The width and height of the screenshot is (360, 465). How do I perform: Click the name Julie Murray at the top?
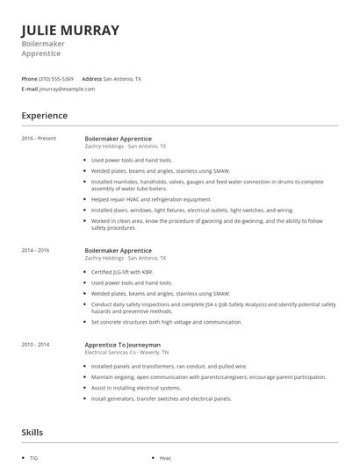(x=69, y=30)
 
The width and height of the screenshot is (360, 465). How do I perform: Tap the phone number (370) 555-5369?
(x=56, y=79)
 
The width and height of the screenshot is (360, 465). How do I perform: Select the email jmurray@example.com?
(x=68, y=89)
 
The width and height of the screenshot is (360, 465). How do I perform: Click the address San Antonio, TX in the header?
(x=122, y=79)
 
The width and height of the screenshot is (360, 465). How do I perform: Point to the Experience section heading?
(x=44, y=115)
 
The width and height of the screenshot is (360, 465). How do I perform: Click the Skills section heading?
(x=32, y=432)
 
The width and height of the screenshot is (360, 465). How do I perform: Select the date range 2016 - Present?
(x=39, y=139)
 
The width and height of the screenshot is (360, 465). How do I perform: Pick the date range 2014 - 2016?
(x=36, y=251)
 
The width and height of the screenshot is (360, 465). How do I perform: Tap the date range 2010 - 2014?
(x=36, y=345)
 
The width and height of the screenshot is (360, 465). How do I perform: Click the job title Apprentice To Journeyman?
(x=122, y=345)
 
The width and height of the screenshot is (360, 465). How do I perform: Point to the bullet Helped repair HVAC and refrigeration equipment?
(x=152, y=198)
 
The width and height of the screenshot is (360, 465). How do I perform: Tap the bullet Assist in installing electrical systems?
(x=136, y=387)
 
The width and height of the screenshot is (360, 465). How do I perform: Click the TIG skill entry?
(x=34, y=458)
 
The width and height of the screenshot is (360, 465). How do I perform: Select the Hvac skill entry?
(x=165, y=458)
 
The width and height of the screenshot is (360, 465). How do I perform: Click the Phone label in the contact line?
(x=29, y=79)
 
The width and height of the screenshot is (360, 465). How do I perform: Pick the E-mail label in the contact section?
(x=30, y=89)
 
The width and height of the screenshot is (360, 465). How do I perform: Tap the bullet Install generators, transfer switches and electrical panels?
(x=162, y=398)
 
